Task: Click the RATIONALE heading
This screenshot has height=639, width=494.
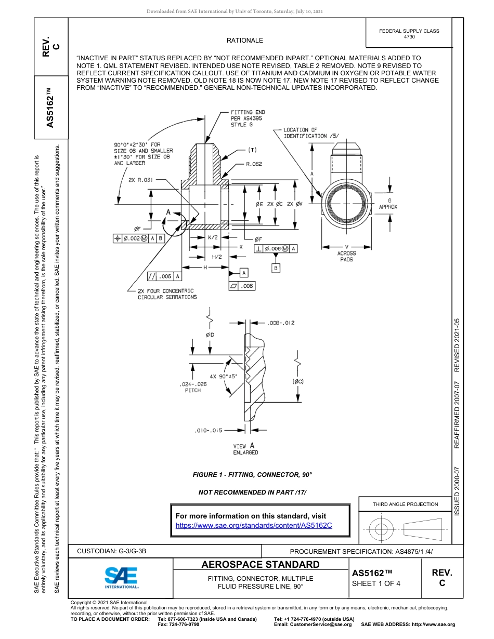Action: click(x=245, y=41)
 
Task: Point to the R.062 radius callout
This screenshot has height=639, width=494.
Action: click(x=254, y=164)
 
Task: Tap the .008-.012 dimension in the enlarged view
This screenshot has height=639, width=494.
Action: click(x=281, y=323)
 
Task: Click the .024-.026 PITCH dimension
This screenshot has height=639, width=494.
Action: click(x=192, y=387)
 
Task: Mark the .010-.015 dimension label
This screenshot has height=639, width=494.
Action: click(x=209, y=430)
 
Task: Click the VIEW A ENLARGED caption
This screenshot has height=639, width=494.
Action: click(x=245, y=449)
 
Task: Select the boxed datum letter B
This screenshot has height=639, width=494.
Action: click(x=276, y=268)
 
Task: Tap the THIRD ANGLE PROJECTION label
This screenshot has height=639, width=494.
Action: click(x=405, y=504)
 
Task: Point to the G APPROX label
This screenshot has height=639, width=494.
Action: click(x=388, y=203)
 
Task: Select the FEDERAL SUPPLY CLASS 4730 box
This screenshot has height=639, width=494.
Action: click(x=409, y=34)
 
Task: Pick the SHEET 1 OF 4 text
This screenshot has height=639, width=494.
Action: click(x=376, y=583)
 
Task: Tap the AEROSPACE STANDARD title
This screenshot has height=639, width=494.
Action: click(x=261, y=564)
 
